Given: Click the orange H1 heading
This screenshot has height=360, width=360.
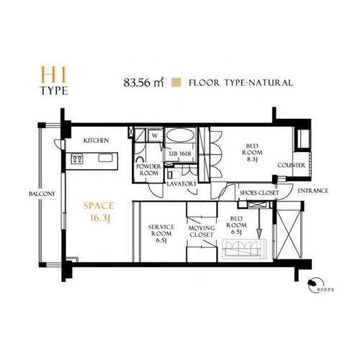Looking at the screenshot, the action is (53, 75).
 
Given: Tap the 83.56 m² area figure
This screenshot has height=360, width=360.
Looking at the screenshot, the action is (143, 83).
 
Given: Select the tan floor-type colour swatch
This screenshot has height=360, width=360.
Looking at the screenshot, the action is (176, 82).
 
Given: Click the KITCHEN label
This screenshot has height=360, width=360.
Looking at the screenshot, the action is (96, 140).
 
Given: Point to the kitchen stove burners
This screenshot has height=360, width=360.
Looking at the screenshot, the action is (77, 159).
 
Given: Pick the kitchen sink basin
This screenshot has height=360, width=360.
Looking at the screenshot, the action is (104, 158).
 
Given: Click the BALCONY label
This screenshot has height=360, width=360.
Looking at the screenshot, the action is (42, 194).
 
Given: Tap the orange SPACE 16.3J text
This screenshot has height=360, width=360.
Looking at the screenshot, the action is (99, 212).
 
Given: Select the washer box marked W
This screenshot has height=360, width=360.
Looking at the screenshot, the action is (155, 136).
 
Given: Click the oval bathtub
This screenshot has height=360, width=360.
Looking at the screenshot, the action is (181, 135).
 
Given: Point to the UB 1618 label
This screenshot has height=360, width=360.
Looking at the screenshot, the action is (180, 153).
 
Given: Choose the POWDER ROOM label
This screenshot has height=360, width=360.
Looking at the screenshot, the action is (148, 170).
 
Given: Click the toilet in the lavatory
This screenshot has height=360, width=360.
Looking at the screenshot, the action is (174, 174).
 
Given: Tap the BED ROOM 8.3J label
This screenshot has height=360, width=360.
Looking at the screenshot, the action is (252, 153).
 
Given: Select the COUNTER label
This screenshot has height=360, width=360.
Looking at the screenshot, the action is (292, 166).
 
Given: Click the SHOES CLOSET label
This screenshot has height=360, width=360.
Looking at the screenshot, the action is (259, 193).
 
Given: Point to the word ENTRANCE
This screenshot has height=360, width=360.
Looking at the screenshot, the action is (312, 191).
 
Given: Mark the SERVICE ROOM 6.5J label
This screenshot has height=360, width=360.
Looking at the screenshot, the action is (161, 233).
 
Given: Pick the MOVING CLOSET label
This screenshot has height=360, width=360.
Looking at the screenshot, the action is (202, 231).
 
